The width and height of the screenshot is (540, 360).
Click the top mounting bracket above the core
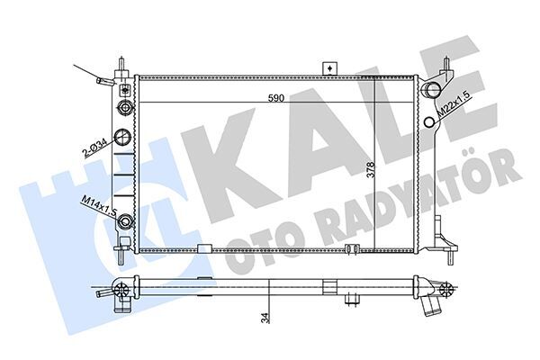[x=330, y=68]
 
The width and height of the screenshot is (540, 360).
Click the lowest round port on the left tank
[x=125, y=222]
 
